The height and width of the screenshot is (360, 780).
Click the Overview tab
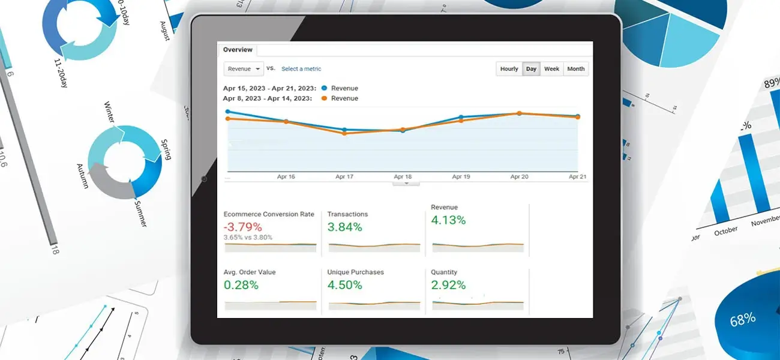pyautogui.click(x=238, y=50)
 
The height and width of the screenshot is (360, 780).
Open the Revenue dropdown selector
pyautogui.click(x=243, y=69)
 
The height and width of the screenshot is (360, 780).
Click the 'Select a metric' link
pyautogui.click(x=301, y=69)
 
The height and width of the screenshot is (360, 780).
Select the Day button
pyautogui.click(x=531, y=69)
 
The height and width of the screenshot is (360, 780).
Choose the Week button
pyautogui.click(x=551, y=69)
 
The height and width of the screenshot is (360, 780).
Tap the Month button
pyautogui.click(x=575, y=69)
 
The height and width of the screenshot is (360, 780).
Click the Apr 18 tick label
pyautogui.click(x=402, y=177)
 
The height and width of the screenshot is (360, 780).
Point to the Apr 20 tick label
pyautogui.click(x=519, y=177)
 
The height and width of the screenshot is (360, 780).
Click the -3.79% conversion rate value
pyautogui.click(x=242, y=227)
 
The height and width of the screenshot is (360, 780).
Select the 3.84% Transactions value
pyautogui.click(x=344, y=227)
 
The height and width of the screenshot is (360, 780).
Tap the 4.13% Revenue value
pyautogui.click(x=448, y=220)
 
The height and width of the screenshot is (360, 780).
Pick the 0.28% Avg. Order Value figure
pyautogui.click(x=241, y=285)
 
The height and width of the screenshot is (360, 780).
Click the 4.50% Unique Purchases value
pyautogui.click(x=344, y=285)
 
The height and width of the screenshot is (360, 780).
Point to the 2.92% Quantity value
pyautogui.click(x=448, y=285)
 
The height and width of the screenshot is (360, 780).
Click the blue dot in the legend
pyautogui.click(x=324, y=88)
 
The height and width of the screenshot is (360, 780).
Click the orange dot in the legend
pyautogui.click(x=324, y=98)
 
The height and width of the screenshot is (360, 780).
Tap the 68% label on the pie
pyautogui.click(x=742, y=320)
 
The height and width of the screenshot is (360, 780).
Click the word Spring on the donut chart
pyautogui.click(x=166, y=149)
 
